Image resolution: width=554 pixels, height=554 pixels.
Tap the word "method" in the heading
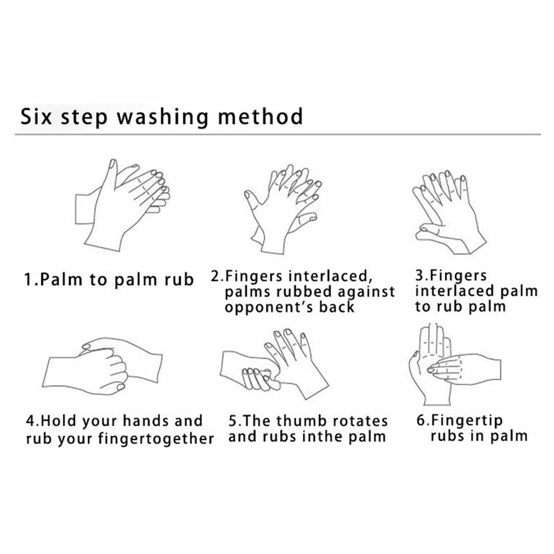(261, 116)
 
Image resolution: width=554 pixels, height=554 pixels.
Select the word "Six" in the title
(36, 116)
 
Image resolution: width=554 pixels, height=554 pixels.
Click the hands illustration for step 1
(122, 205)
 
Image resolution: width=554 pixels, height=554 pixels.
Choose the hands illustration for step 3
(449, 212)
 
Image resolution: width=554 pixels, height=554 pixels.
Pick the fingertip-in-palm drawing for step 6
(455, 364)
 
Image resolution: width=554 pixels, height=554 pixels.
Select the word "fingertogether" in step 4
(156, 439)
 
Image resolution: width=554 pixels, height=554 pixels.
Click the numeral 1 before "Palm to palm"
(28, 279)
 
